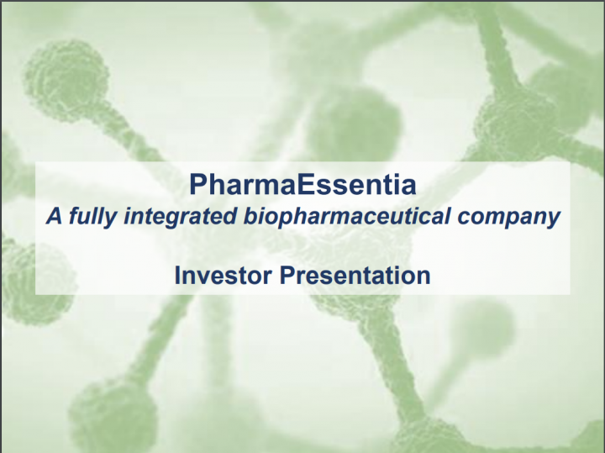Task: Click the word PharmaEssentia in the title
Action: tap(302, 184)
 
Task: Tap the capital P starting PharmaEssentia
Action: tap(198, 184)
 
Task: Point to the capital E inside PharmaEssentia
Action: tap(306, 184)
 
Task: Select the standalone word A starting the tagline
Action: tap(54, 216)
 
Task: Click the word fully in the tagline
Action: tap(92, 217)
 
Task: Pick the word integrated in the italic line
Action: tap(180, 217)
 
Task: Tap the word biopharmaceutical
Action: tap(346, 217)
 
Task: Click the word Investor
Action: tap(223, 276)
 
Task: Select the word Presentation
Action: tap(355, 276)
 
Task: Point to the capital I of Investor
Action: tap(177, 276)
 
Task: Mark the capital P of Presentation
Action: tap(287, 276)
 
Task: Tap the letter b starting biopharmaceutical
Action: tap(250, 216)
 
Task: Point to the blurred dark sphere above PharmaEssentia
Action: tap(355, 123)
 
